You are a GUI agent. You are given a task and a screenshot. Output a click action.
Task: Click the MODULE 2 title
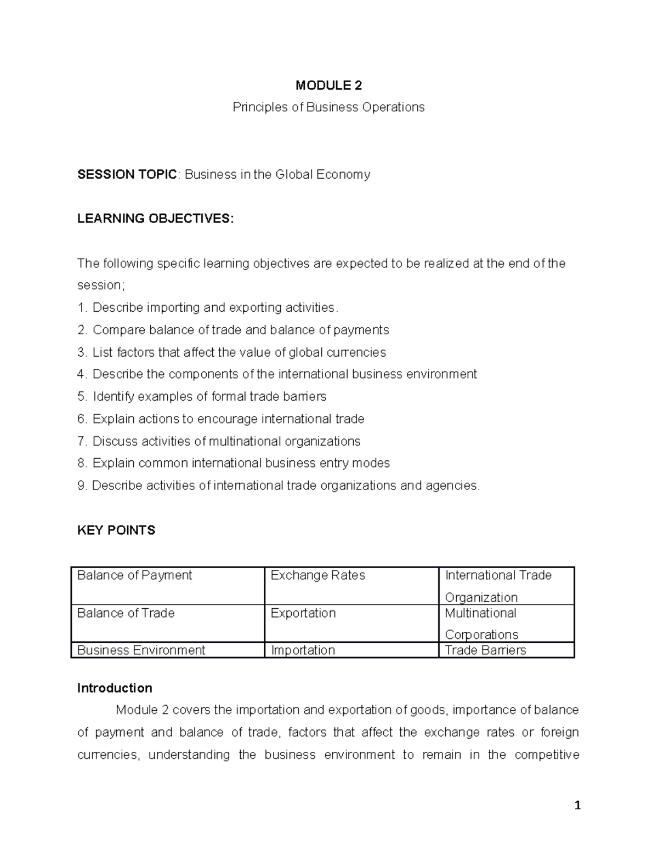(x=328, y=85)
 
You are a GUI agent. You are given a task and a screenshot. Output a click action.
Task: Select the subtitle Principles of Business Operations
(x=328, y=107)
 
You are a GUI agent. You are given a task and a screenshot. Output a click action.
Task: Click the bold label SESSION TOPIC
(x=127, y=174)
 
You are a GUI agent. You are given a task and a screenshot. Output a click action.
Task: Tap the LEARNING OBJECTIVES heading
(x=155, y=219)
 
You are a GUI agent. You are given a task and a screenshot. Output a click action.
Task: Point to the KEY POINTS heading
(x=116, y=530)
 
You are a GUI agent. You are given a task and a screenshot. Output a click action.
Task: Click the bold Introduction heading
(x=115, y=688)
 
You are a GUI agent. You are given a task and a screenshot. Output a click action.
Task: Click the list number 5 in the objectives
(x=82, y=396)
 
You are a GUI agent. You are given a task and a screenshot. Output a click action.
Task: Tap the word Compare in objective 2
(x=115, y=330)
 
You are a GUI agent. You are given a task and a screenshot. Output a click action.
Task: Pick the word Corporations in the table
(x=481, y=635)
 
